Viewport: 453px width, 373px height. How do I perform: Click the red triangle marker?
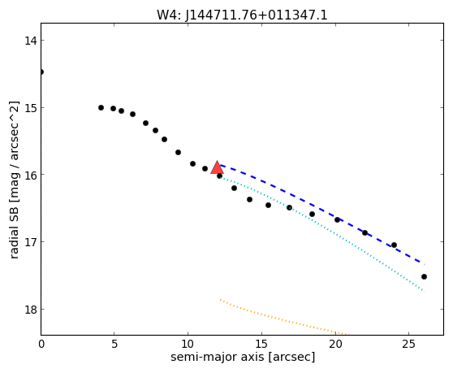point(217,167)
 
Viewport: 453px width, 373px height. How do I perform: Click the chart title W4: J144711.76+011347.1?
point(242,15)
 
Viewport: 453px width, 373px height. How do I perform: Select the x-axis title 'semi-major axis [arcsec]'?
point(243,357)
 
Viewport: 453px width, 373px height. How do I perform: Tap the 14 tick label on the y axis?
point(31,41)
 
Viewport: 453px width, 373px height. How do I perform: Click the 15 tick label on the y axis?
point(31,108)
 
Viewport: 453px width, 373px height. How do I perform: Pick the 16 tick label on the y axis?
point(31,175)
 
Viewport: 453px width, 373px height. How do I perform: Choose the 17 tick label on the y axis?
point(31,242)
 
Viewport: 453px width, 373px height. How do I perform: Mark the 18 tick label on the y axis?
point(31,310)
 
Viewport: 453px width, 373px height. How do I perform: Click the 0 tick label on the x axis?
point(41,345)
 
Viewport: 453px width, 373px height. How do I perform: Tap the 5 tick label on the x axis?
point(114,345)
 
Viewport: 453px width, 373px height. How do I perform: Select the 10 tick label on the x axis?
point(188,345)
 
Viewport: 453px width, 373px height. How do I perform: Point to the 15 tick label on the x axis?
point(261,345)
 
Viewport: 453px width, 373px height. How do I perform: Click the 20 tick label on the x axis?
point(335,345)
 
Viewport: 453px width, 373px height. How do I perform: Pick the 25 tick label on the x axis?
point(409,345)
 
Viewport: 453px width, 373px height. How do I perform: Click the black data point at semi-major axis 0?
point(41,72)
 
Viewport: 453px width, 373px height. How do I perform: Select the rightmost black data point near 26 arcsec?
point(424,277)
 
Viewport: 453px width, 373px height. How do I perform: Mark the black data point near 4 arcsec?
point(101,108)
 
